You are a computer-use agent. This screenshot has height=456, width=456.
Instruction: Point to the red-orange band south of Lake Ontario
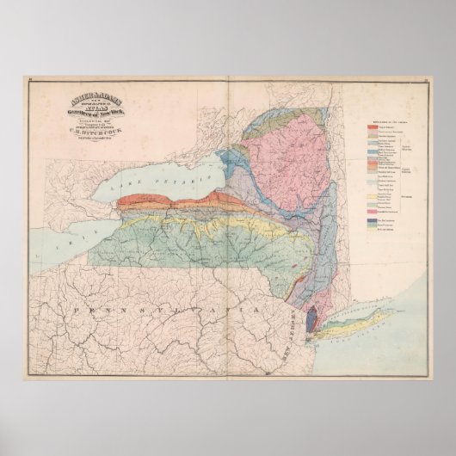point(172,203)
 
